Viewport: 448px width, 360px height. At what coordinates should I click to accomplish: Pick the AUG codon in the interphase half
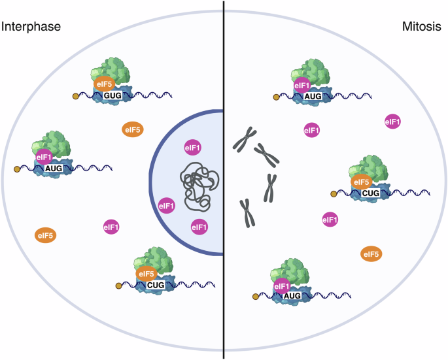click(54, 167)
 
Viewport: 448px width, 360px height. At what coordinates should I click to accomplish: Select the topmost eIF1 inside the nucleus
click(193, 148)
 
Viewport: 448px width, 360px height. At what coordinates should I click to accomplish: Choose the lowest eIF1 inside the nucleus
click(199, 227)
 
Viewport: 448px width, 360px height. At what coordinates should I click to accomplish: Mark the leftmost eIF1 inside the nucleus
click(167, 206)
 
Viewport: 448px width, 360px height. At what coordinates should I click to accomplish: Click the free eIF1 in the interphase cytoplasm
click(112, 227)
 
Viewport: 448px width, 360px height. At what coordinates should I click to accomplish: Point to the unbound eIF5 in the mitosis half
click(370, 254)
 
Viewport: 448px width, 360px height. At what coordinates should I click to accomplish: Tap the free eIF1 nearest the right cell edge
click(392, 122)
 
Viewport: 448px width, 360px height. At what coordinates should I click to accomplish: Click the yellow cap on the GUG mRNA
click(76, 97)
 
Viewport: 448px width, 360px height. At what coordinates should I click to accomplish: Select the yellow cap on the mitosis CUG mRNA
click(334, 193)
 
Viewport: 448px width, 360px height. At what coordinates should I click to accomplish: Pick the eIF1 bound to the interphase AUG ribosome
click(44, 157)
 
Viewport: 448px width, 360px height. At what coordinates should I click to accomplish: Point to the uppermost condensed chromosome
click(245, 139)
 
